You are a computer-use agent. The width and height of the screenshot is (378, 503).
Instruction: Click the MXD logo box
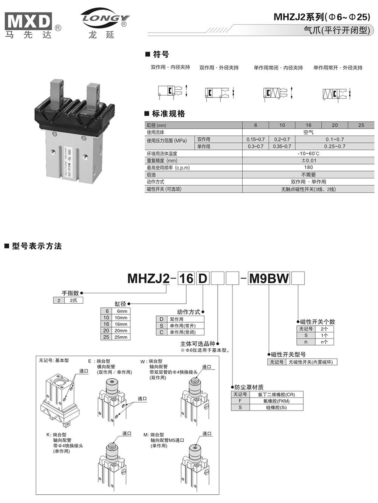tap(28, 21)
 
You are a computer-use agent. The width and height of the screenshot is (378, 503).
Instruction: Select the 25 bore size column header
tap(361, 125)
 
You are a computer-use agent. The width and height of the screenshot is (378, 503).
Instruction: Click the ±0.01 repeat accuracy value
tap(308, 160)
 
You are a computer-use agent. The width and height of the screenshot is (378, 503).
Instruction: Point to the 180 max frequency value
tap(308, 167)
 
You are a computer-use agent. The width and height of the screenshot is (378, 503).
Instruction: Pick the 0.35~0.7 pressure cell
tap(282, 146)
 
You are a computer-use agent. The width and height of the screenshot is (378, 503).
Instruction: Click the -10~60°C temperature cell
tap(308, 153)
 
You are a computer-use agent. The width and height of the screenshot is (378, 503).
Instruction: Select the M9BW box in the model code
tap(269, 278)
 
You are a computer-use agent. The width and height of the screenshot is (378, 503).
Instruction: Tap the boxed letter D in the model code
tap(203, 278)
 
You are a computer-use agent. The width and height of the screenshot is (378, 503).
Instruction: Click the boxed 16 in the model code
tap(186, 278)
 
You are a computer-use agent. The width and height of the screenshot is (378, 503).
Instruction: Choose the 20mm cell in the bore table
tap(121, 331)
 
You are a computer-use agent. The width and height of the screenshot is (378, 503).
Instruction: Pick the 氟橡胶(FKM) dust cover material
tap(276, 401)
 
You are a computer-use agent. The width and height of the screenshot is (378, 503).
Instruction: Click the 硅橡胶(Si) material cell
tap(276, 407)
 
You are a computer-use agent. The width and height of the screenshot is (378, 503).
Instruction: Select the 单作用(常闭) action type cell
tap(183, 332)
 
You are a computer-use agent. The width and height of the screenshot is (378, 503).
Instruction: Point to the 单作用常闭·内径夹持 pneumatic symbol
tap(278, 93)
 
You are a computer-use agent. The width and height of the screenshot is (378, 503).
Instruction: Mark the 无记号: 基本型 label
tap(54, 360)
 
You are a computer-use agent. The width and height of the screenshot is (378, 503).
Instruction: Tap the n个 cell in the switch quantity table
tap(324, 342)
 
